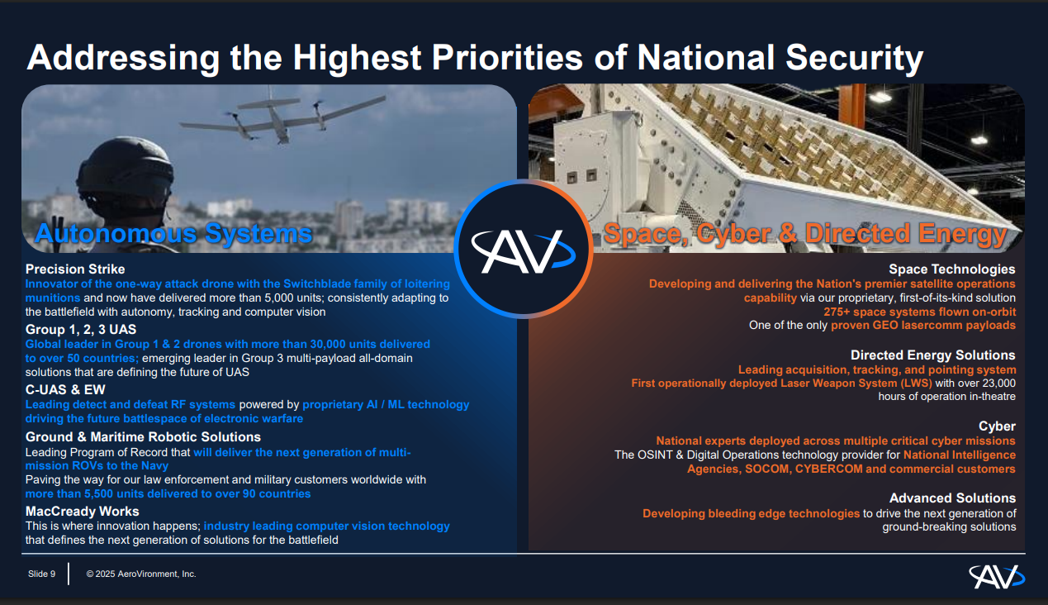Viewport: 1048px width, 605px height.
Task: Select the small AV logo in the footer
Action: pyautogui.click(x=996, y=575)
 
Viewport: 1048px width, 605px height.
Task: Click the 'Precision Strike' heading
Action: pyautogui.click(x=75, y=269)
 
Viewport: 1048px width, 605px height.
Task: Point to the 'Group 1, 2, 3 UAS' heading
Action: pyautogui.click(x=81, y=330)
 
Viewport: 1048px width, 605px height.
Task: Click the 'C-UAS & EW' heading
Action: pyautogui.click(x=65, y=390)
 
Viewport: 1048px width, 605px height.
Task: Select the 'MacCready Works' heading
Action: pyautogui.click(x=82, y=512)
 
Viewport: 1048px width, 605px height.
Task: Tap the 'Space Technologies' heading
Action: pyautogui.click(x=951, y=269)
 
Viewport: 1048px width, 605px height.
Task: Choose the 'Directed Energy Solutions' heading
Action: pyautogui.click(x=932, y=355)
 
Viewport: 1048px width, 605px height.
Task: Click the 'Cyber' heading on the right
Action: pyautogui.click(x=997, y=426)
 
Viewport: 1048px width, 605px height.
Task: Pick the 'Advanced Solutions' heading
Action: pyautogui.click(x=952, y=498)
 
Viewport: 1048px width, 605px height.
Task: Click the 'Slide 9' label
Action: pyautogui.click(x=42, y=574)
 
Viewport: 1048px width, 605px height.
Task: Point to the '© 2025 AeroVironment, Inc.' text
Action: pyautogui.click(x=141, y=574)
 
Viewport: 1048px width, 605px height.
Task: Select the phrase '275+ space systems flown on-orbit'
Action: pyautogui.click(x=919, y=312)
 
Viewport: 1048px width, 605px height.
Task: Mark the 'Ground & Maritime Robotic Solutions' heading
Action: pyautogui.click(x=143, y=437)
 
